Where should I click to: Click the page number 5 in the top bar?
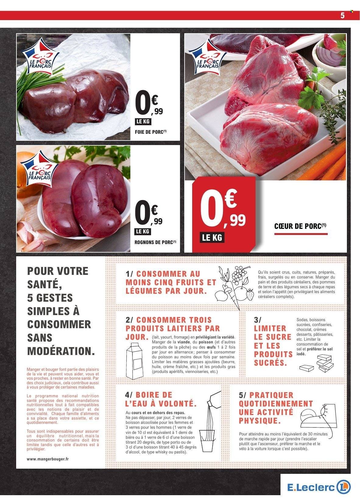coord(342,16)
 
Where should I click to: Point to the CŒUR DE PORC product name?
coord(301,226)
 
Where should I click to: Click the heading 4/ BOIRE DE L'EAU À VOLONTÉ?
coord(160,399)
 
